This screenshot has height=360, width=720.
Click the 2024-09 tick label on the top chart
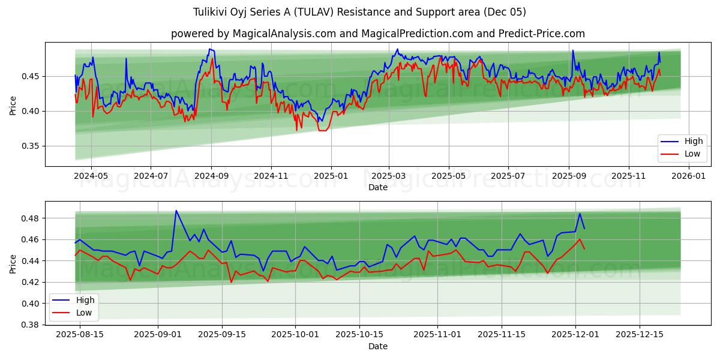point(211,176)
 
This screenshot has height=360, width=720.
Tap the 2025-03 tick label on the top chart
point(389,176)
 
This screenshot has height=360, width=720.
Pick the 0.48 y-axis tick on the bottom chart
point(31,218)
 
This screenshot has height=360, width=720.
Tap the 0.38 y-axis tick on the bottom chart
point(31,325)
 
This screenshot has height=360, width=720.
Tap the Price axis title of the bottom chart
point(13,263)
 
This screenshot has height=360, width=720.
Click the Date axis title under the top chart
point(378,187)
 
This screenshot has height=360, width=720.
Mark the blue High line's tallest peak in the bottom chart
point(176,211)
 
